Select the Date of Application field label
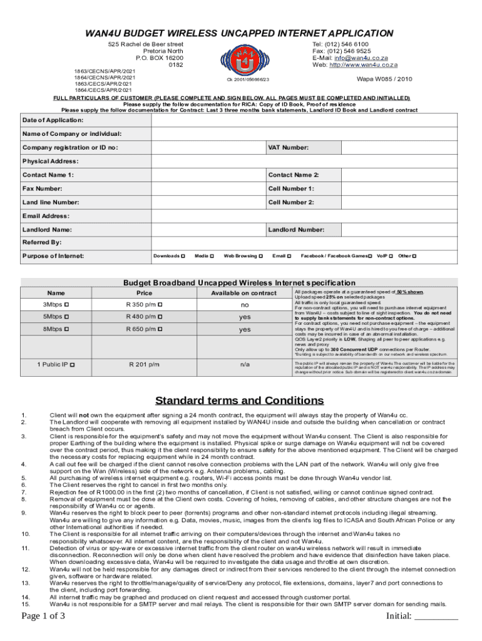point(53,120)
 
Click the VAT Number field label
point(288,148)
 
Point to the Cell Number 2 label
point(291,202)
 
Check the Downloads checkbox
point(182,256)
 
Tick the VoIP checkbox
point(391,256)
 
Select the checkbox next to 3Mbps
point(66,304)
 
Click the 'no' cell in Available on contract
point(244,304)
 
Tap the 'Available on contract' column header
point(244,293)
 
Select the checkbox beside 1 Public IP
point(73,364)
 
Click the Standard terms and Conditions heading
point(240,401)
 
